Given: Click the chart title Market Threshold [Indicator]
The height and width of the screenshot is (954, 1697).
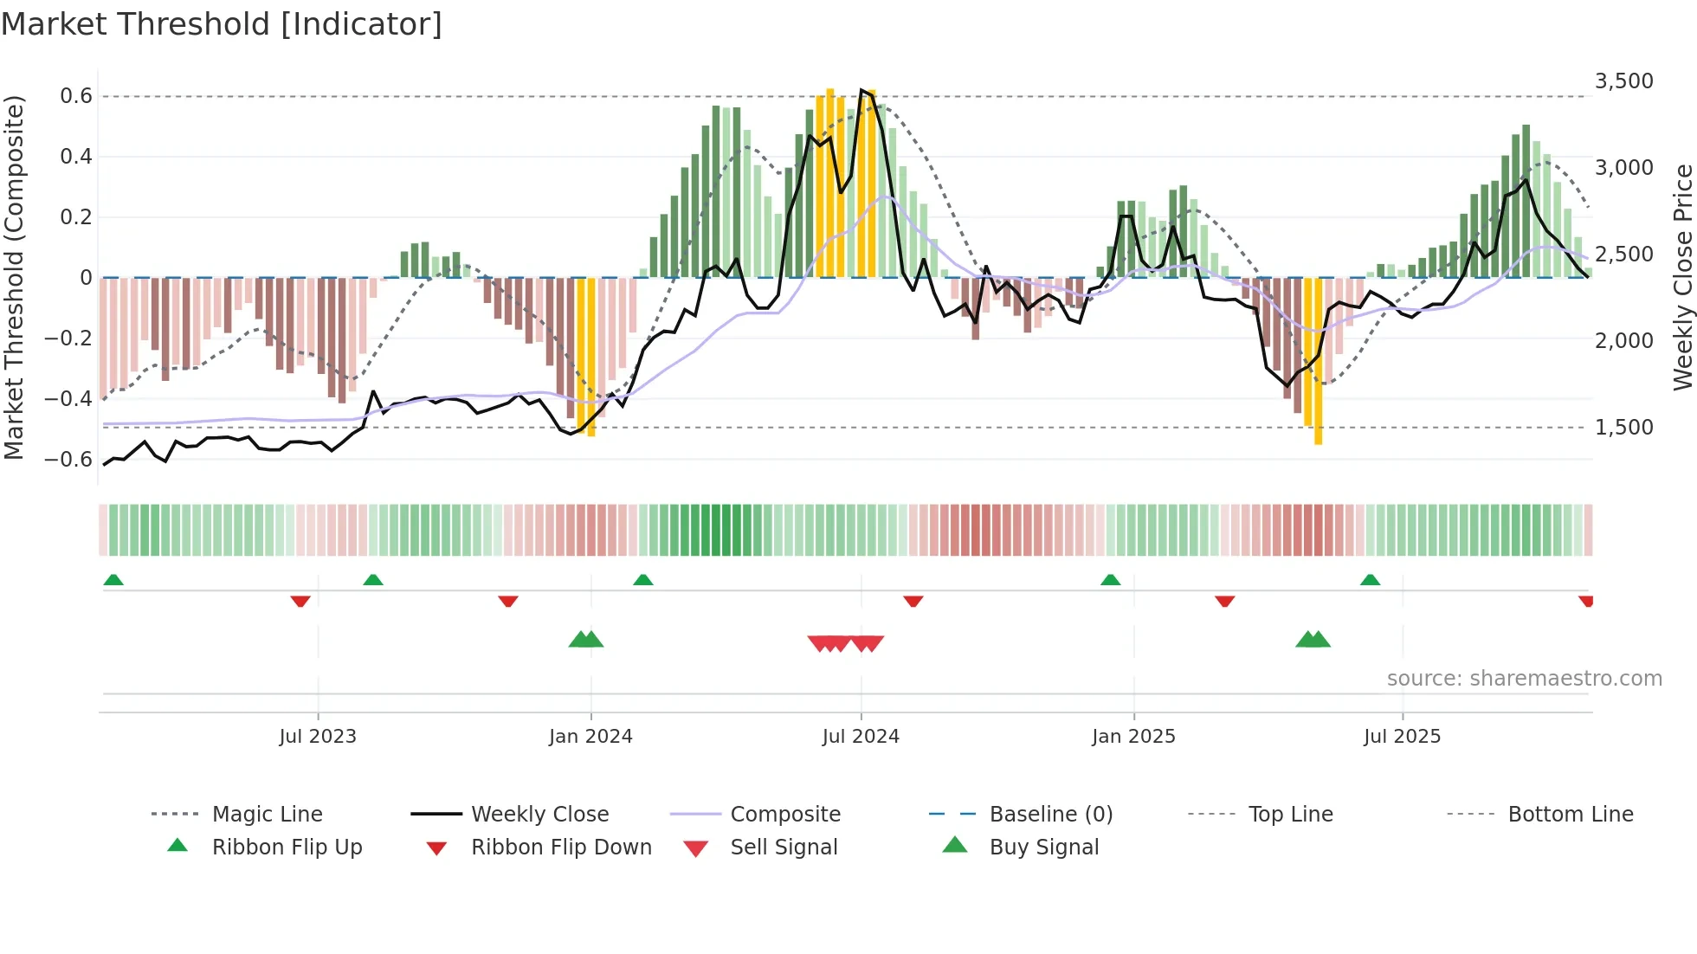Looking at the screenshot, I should tap(222, 24).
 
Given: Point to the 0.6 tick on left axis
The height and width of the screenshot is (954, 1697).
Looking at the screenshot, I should tap(76, 96).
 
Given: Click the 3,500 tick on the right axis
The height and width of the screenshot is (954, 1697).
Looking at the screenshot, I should tap(1623, 81).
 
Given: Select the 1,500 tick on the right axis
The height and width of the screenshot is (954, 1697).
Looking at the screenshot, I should tap(1623, 428).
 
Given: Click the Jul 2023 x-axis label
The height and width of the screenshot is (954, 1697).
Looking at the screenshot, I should tap(318, 737).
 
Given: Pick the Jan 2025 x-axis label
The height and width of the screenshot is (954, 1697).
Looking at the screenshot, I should tap(1133, 737).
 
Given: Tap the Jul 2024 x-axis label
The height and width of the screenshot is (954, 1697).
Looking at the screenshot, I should tap(861, 737).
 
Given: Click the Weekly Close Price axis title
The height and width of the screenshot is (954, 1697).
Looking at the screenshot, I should tap(1682, 277).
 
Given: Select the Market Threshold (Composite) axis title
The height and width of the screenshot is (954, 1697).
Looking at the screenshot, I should tap(14, 277).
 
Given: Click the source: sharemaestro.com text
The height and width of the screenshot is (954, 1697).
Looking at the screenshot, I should tap(1524, 679).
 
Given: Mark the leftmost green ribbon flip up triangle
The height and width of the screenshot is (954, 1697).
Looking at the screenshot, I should tap(113, 580).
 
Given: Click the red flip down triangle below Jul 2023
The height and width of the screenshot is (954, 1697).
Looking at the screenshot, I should tap(300, 601).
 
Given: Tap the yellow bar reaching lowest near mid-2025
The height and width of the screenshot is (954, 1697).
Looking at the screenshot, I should tap(1318, 364).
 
